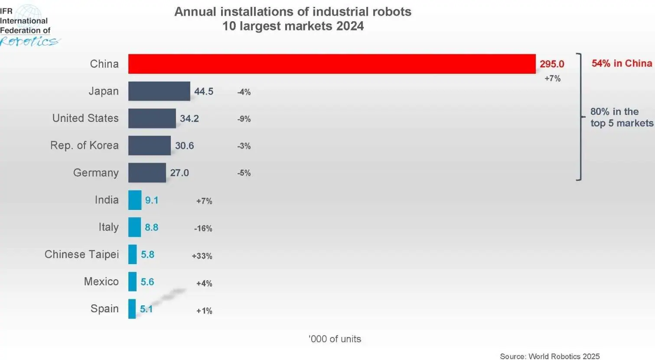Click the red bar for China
pos(332,64)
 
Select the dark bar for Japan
pos(159,91)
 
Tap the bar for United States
pos(152,118)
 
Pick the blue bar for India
pos(135,200)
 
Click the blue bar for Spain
pos(132,309)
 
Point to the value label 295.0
pos(552,64)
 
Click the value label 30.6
pos(184,146)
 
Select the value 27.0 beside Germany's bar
pos(179,173)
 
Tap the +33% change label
pos(202,256)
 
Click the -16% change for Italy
pos(203,229)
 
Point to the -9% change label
pos(244,119)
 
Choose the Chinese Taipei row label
pos(81,254)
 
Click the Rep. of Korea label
pos(85,145)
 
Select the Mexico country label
pos(101,281)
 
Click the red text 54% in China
pos(622,63)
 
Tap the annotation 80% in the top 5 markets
pos(621,118)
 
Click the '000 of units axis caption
pos(335,339)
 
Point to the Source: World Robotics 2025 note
pos(550,356)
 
